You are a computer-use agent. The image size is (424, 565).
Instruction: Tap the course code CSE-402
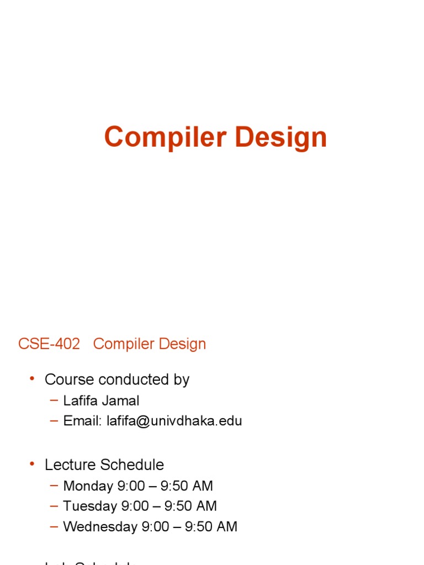click(x=49, y=344)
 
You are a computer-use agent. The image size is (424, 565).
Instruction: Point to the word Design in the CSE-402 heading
click(x=182, y=344)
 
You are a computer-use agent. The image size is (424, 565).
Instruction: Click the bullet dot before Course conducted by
click(x=32, y=379)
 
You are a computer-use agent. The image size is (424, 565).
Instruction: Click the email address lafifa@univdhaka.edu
click(x=174, y=421)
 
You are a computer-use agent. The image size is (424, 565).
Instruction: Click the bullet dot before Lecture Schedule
click(x=32, y=464)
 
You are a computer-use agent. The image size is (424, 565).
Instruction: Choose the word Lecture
click(x=68, y=465)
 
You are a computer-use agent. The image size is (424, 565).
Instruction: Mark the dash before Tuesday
click(x=54, y=505)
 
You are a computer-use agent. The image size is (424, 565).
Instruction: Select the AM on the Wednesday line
click(x=227, y=526)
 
